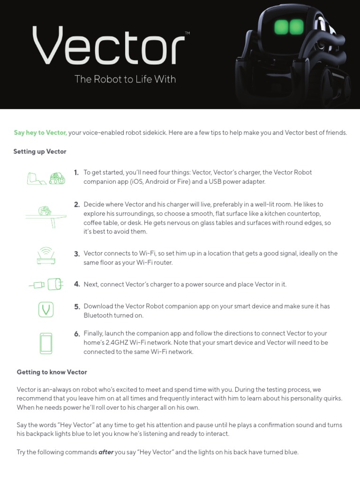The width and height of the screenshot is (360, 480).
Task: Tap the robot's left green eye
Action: coord(281,27)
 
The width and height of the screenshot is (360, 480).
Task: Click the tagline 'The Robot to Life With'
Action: coord(125,79)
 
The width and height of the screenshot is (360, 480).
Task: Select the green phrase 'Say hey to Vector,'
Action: coord(40,133)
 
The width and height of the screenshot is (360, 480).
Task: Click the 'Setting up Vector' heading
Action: coord(40,151)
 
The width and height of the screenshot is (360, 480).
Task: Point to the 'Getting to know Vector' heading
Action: coord(52,372)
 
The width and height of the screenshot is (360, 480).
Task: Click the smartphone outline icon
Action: coord(46,343)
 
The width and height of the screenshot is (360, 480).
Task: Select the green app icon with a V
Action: coord(46,310)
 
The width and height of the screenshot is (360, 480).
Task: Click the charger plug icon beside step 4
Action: coord(46,284)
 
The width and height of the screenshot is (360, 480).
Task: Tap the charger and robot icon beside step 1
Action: coord(46,178)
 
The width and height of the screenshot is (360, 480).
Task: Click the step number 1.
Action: coord(76,172)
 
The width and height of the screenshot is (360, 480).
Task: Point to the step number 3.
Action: coord(76,254)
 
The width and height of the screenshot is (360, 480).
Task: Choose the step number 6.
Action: coord(76,334)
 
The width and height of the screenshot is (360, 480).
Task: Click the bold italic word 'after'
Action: coord(106,452)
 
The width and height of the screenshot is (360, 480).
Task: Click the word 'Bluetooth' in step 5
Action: coord(99,315)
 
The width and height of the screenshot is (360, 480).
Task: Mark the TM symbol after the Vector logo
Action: coord(187,33)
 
